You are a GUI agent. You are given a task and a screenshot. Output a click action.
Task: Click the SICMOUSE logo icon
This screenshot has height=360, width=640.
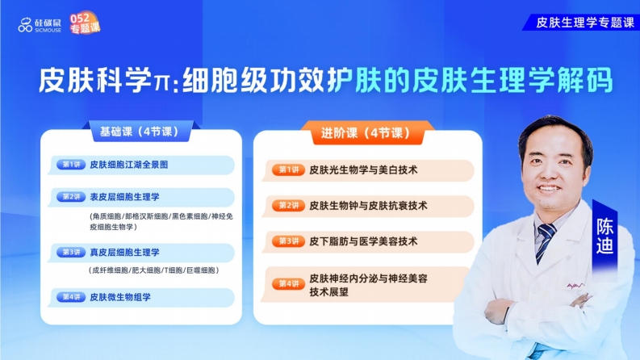pyautogui.click(x=25, y=25)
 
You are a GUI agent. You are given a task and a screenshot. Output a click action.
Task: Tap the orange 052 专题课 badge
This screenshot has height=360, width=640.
pyautogui.click(x=85, y=23)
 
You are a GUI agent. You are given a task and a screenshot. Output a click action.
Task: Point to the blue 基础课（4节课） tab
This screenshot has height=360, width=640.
pyautogui.click(x=139, y=132)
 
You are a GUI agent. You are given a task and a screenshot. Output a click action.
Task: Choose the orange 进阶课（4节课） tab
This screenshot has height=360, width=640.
pyautogui.click(x=366, y=132)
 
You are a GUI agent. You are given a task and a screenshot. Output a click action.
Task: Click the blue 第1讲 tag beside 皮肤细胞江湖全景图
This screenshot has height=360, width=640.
pyautogui.click(x=71, y=165)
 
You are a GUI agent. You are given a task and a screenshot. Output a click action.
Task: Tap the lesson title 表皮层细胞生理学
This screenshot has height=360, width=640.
pyautogui.click(x=124, y=197)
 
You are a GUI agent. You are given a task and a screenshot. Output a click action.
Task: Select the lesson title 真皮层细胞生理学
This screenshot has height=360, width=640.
pyautogui.click(x=124, y=253)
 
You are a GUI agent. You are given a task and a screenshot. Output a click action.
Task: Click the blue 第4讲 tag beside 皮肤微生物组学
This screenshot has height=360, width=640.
pyautogui.click(x=71, y=297)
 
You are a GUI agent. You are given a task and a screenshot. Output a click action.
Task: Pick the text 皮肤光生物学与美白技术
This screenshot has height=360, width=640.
pyautogui.click(x=363, y=170)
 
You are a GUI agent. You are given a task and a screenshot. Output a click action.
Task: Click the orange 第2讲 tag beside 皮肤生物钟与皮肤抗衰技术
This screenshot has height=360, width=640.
pyautogui.click(x=289, y=205)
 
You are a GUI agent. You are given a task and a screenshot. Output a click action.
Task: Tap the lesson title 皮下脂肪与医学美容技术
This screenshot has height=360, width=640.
pyautogui.click(x=363, y=241)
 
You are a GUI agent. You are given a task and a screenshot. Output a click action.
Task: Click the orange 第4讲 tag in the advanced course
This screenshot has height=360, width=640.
pyautogui.click(x=289, y=283)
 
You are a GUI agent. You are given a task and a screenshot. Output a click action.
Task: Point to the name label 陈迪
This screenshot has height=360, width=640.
pyautogui.click(x=604, y=236)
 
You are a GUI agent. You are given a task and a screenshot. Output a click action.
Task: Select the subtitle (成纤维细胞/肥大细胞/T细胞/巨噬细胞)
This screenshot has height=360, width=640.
pyautogui.click(x=153, y=270)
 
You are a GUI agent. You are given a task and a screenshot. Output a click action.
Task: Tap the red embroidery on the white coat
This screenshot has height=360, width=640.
pyautogui.click(x=575, y=286)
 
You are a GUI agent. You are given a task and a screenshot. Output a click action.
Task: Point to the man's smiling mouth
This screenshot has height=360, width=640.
pyautogui.click(x=548, y=188)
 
